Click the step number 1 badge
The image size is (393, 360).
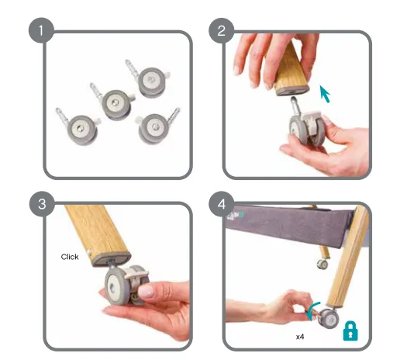pyautogui.click(x=41, y=30)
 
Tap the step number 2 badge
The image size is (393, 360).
pyautogui.click(x=221, y=30)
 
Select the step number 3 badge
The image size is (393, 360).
pyautogui.click(x=42, y=204)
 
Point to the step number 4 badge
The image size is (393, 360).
pyautogui.click(x=222, y=204)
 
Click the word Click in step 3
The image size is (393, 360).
pyautogui.click(x=70, y=257)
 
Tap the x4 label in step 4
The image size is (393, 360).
pyautogui.click(x=300, y=337)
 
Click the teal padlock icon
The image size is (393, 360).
pyautogui.click(x=350, y=331)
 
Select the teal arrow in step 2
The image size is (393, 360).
pyautogui.click(x=325, y=94)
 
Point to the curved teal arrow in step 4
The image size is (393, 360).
pyautogui.click(x=312, y=310)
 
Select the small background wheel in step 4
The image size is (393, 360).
pyautogui.click(x=322, y=264)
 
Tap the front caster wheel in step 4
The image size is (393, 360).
pyautogui.click(x=328, y=318)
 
